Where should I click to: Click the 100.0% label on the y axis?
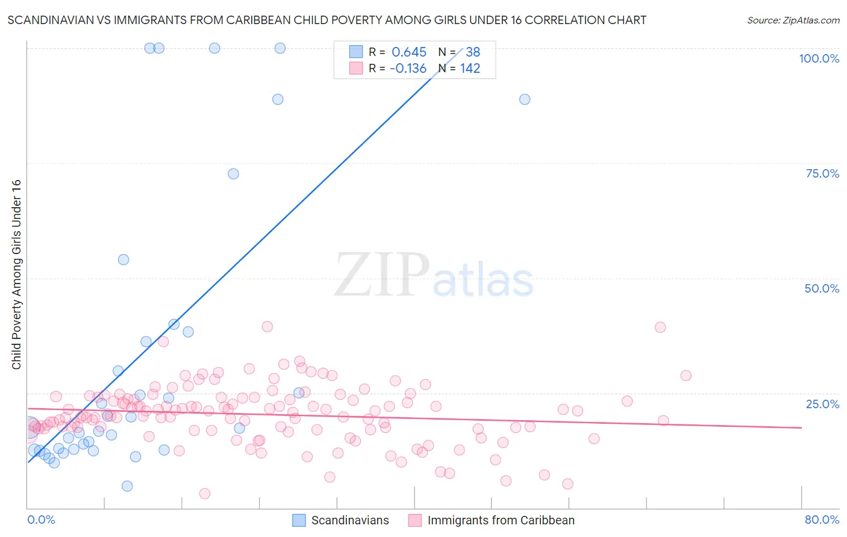[x=819, y=58]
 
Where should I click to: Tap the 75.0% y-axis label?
[x=822, y=173]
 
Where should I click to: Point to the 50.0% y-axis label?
[x=822, y=288]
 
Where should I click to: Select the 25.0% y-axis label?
[x=822, y=403]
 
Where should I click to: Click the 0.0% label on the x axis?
[x=41, y=520]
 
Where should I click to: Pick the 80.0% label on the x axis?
[x=822, y=520]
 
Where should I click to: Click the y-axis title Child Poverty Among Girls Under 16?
[x=16, y=275]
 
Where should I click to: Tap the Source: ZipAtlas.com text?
[x=793, y=20]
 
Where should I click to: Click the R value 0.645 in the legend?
[x=409, y=52]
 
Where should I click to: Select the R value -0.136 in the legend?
[x=408, y=69]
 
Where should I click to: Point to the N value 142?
[x=470, y=69]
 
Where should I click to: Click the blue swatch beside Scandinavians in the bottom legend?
[x=299, y=520]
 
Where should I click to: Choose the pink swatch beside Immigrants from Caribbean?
[x=414, y=520]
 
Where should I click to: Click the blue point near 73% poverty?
[x=233, y=174]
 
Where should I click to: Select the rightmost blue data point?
[x=525, y=99]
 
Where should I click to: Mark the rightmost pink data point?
[x=686, y=376]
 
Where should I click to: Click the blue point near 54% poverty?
[x=123, y=260]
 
